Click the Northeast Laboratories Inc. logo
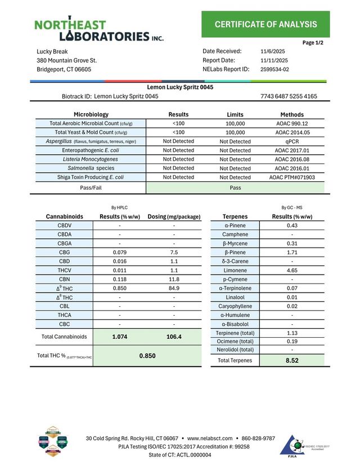pos(99,31)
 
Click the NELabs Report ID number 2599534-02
pos(274,70)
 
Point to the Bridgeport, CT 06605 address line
pos(64,70)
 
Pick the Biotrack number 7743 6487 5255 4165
pos(289,96)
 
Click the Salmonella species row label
pos(91,168)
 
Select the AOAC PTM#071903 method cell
pos(292,177)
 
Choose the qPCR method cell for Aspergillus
pos(292,141)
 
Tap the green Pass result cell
pos(236,188)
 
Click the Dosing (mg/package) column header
pos(174,216)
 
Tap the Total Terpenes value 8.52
pos(292,360)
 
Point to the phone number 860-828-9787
pos(258,438)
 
